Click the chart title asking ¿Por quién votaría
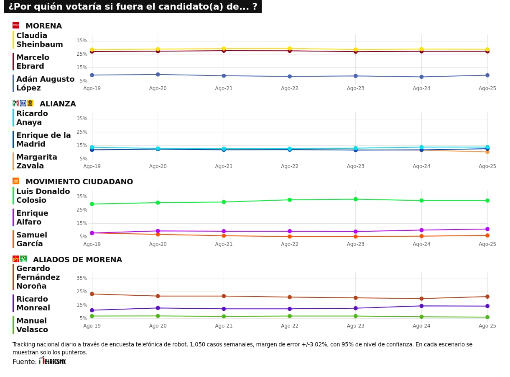133,7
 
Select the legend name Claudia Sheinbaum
40,40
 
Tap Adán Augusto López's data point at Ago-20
158,75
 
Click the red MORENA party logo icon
16,25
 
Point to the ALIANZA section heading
58,104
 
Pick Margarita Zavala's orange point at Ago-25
487,152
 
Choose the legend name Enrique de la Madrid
43,139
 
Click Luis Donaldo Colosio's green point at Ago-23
355,199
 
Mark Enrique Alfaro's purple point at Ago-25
487,229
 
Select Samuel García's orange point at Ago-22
289,237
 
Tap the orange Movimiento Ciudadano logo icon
16,181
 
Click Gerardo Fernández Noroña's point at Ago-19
92,294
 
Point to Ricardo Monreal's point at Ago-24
421,306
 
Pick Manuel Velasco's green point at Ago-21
224,316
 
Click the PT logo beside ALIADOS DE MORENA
16,259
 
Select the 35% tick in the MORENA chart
82,41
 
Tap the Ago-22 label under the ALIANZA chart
289,166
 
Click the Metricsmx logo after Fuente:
52,361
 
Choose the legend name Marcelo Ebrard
33,62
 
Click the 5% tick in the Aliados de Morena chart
83,318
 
